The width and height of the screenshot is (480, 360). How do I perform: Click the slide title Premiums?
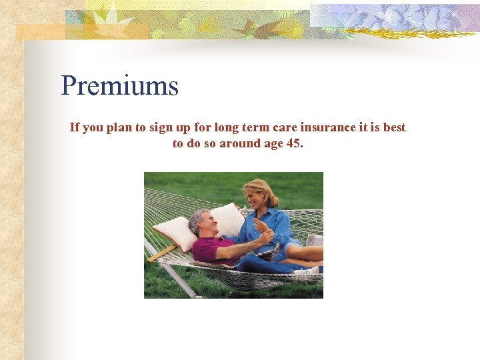(120, 86)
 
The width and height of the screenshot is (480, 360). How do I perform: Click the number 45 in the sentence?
(293, 143)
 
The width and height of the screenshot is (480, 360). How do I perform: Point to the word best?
(393, 127)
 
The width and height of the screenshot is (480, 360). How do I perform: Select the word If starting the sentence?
(75, 127)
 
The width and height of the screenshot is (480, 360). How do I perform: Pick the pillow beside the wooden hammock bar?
(175, 233)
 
